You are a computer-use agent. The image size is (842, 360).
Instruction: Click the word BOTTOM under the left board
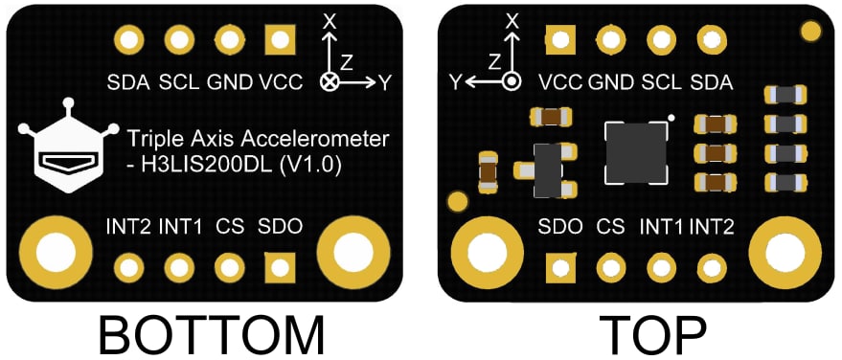click(x=212, y=335)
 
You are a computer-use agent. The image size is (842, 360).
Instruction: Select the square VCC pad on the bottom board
click(x=280, y=40)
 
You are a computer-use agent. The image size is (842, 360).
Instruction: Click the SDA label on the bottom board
click(x=128, y=82)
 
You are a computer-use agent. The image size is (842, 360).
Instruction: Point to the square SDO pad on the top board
click(x=559, y=267)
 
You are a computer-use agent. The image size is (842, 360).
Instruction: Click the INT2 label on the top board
click(x=712, y=227)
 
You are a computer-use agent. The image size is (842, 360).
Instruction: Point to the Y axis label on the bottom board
click(x=385, y=83)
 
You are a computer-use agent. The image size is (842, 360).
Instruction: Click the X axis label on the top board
click(x=512, y=19)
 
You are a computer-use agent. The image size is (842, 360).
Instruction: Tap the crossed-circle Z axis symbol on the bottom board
click(x=330, y=82)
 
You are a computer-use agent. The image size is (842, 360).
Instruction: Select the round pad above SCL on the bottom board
click(x=178, y=40)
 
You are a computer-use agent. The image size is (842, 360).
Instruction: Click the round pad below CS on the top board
click(x=610, y=267)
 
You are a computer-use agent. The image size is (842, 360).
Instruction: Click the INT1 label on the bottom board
click(x=180, y=227)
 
